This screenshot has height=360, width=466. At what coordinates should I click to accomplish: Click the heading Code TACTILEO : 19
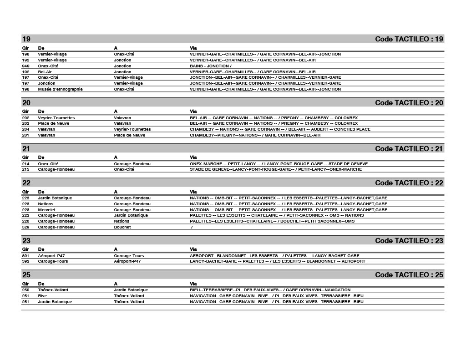click(x=409, y=39)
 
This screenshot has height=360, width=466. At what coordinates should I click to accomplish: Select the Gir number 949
click(x=25, y=66)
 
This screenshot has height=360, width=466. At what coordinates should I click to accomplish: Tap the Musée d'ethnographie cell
click(x=60, y=89)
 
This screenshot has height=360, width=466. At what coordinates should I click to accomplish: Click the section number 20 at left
click(x=26, y=103)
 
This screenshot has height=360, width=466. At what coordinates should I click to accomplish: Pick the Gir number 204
click(x=25, y=129)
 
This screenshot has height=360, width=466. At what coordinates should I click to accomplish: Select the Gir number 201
click(x=25, y=135)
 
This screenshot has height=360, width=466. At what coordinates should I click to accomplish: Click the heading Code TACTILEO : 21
click(x=409, y=149)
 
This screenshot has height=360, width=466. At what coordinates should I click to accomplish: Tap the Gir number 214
click(x=25, y=164)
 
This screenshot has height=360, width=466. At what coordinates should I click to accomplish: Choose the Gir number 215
click(x=25, y=169)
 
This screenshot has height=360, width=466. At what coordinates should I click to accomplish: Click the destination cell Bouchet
click(x=122, y=227)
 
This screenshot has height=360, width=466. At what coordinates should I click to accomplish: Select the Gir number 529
click(x=25, y=227)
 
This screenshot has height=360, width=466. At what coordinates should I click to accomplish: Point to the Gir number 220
click(x=25, y=221)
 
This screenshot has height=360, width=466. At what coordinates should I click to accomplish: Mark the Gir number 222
click(x=25, y=215)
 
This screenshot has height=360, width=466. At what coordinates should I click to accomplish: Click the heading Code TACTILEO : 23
click(x=409, y=241)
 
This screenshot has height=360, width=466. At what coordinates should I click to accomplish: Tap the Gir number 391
click(x=25, y=256)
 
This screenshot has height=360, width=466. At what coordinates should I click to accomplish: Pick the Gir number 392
click(x=25, y=261)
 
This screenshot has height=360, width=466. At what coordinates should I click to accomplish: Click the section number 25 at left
click(x=26, y=275)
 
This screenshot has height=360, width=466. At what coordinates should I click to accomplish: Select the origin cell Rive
click(x=42, y=296)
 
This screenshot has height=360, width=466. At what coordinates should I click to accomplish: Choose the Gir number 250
click(x=25, y=290)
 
